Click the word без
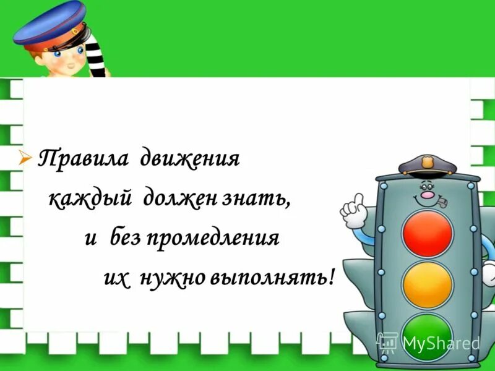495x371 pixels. [x=126, y=238]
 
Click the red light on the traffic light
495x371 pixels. [x=428, y=233]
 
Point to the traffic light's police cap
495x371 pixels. [x=426, y=166]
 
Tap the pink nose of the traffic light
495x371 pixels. [x=427, y=195]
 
